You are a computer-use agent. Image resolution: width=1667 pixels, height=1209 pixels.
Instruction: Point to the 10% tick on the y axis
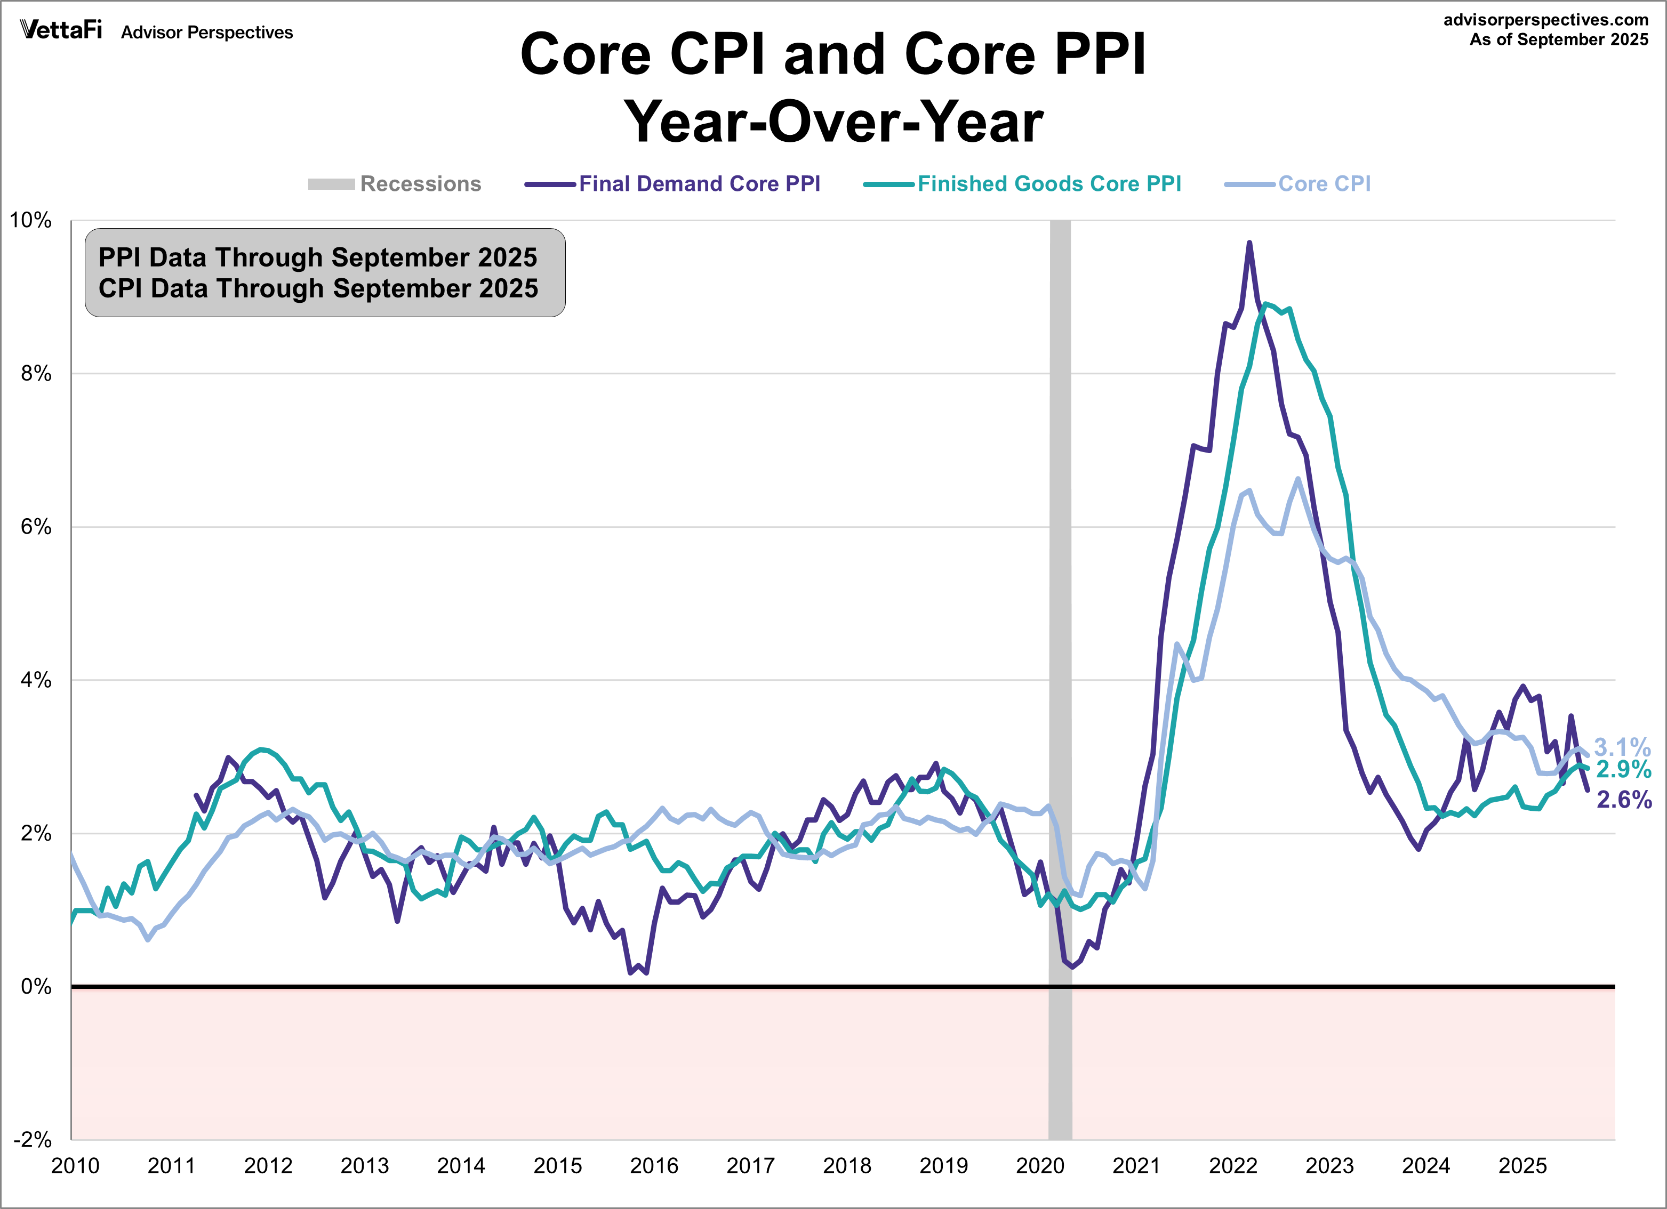coord(31,221)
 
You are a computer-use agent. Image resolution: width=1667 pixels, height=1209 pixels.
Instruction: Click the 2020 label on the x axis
coord(1039,1166)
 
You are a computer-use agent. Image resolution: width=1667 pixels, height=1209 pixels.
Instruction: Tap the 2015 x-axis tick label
coord(557,1166)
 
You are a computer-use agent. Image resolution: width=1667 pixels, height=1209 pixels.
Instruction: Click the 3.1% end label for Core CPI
coord(1622,747)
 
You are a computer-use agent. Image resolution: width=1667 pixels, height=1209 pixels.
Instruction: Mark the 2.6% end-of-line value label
coord(1624,800)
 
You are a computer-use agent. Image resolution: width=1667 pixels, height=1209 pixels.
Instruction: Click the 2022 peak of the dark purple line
coord(1249,243)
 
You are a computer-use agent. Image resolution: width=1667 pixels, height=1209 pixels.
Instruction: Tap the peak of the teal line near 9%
coord(1265,303)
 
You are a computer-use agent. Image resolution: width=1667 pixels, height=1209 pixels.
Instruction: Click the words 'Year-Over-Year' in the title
coord(833,122)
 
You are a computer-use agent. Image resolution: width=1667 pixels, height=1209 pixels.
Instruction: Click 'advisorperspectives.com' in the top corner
coord(1546,20)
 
